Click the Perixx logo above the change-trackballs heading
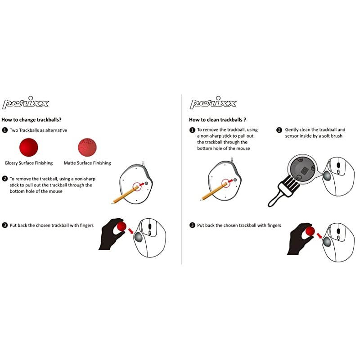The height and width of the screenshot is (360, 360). tap(26, 103)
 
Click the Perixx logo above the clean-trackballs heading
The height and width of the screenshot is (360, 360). tap(213, 103)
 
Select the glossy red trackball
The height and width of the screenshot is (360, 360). tap(29, 147)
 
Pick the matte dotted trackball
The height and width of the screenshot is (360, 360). tap(87, 147)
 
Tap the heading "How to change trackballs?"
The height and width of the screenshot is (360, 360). tap(31, 120)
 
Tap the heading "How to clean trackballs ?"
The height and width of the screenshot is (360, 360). tap(217, 120)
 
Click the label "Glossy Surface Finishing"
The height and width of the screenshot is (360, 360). tap(29, 163)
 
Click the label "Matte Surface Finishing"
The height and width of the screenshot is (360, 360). tap(87, 163)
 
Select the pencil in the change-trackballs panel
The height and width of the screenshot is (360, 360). tap(126, 195)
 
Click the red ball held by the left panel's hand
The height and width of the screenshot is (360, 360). tap(121, 226)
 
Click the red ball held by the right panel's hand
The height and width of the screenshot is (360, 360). tap(310, 231)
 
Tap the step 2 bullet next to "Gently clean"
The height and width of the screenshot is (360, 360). tap(279, 130)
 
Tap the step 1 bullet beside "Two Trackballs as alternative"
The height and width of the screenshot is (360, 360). tap(4, 130)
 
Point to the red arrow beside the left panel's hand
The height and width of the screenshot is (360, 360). tap(131, 230)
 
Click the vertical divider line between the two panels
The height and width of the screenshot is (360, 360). tap(181, 179)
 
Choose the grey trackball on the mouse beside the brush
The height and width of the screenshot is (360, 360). tap(327, 176)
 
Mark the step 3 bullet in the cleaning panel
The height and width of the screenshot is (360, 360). tap(192, 225)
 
